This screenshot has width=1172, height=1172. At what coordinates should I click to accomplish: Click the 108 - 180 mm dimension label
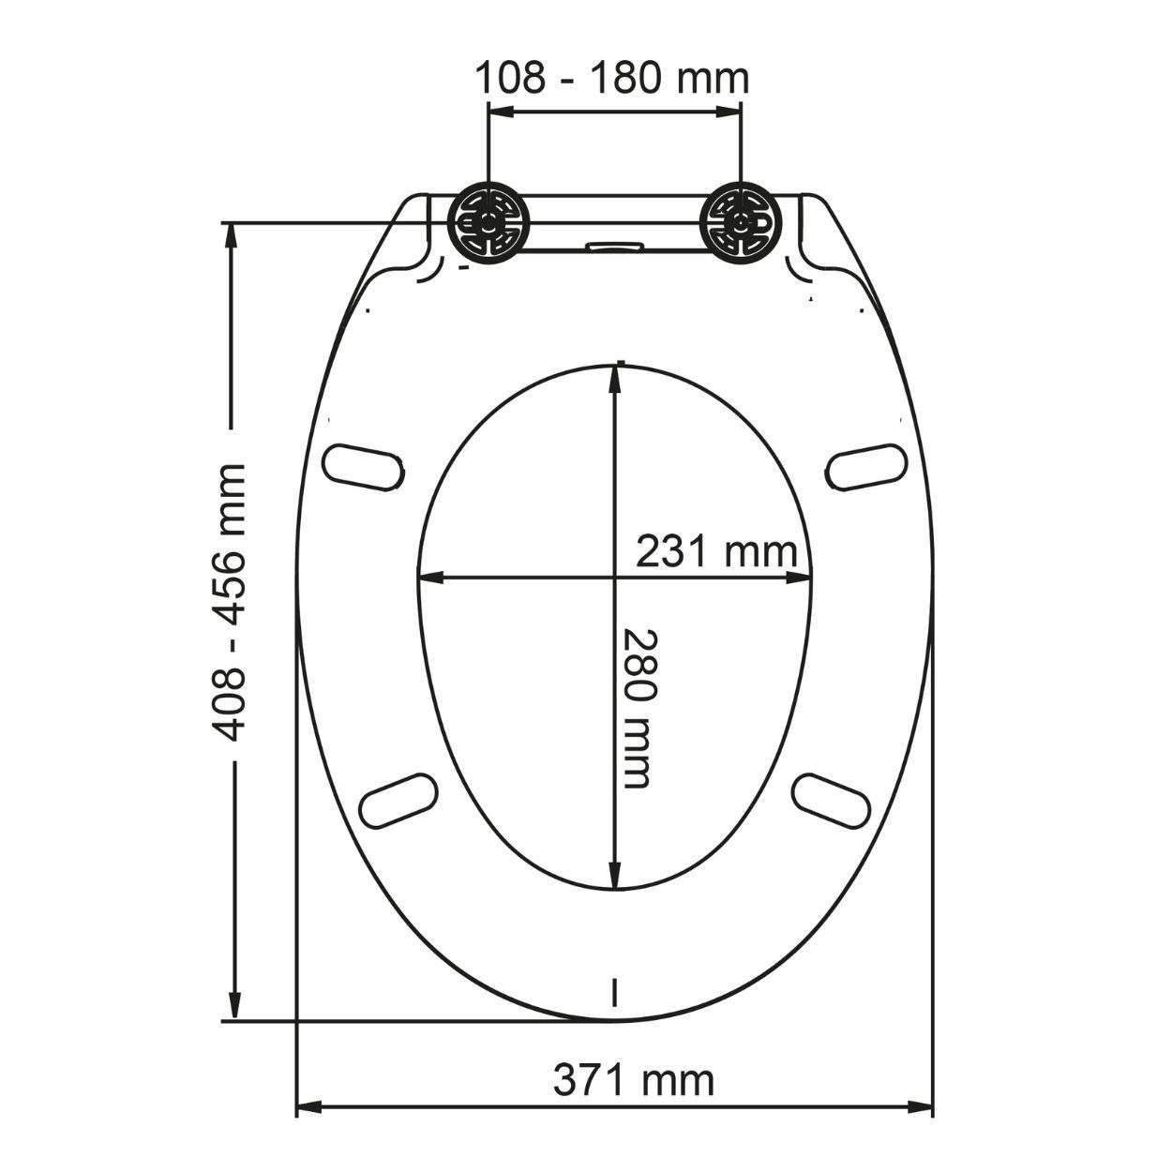pyautogui.click(x=611, y=78)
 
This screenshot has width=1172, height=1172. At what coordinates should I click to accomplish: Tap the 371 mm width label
pyautogui.click(x=633, y=1080)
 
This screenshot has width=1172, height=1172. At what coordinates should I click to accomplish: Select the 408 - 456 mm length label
pyautogui.click(x=231, y=601)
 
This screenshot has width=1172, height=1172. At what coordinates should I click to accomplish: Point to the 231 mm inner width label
pyautogui.click(x=716, y=552)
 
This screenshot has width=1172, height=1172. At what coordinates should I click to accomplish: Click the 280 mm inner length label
pyautogui.click(x=636, y=708)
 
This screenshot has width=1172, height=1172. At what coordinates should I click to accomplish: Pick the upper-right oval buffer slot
pyautogui.click(x=868, y=466)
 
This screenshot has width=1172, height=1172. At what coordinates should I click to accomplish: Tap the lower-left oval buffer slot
pyautogui.click(x=399, y=799)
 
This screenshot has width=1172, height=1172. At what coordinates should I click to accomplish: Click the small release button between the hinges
pyautogui.click(x=613, y=247)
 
